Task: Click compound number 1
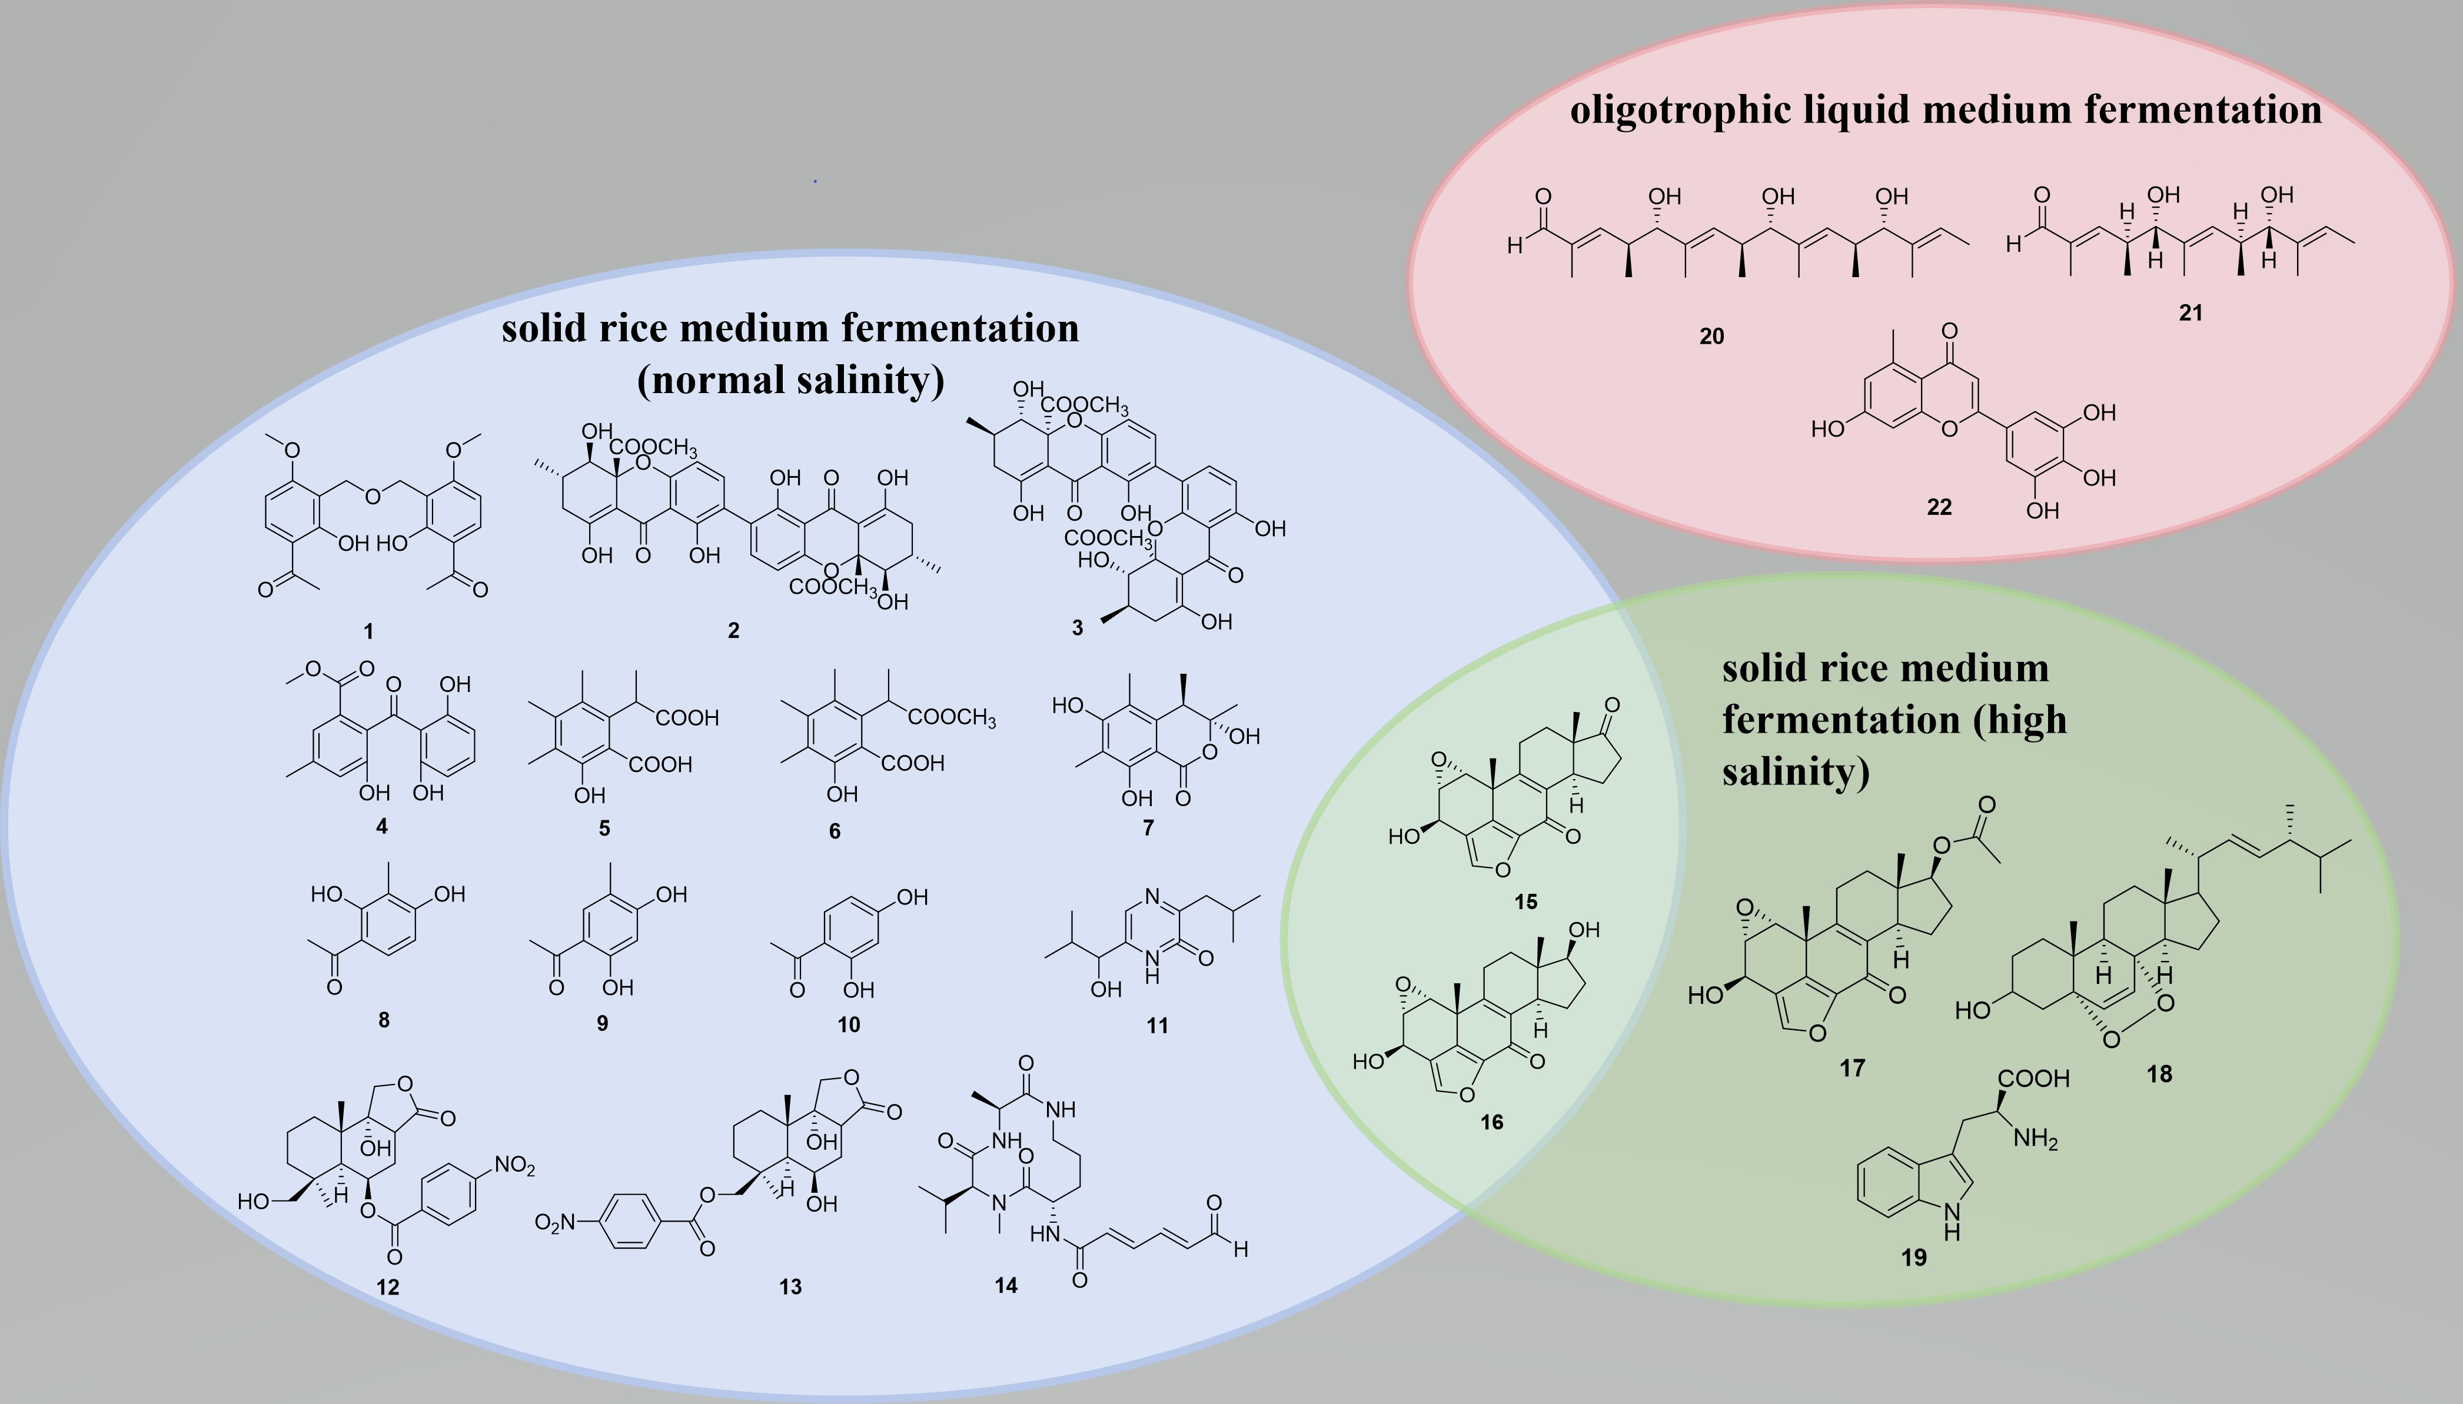368,631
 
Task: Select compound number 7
1148,827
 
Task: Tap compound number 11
1157,1025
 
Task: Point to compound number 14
1006,1285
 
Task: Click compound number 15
1525,901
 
